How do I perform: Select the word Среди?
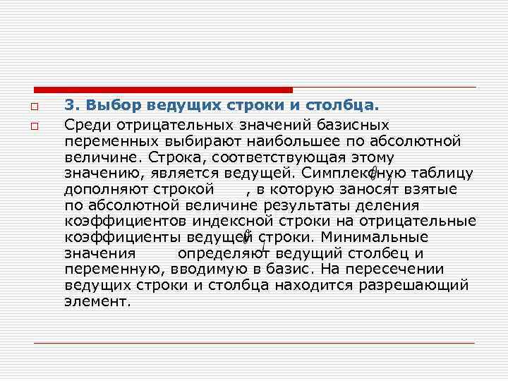tap(85, 125)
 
